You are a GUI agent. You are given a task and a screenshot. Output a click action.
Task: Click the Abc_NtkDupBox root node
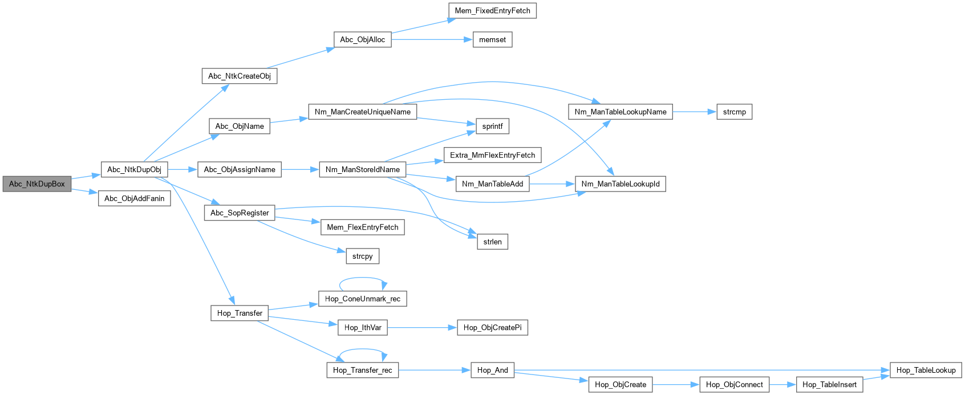click(x=37, y=184)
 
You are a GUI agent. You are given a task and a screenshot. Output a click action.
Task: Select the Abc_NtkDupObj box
click(x=134, y=169)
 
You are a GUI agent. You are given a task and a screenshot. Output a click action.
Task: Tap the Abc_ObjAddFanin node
click(x=134, y=198)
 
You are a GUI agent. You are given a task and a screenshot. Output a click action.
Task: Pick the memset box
click(x=492, y=40)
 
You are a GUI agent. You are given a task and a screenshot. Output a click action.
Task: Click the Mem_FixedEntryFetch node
click(x=492, y=11)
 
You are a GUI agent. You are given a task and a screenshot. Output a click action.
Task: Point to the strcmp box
click(x=734, y=112)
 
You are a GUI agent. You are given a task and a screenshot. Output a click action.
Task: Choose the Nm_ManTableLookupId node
click(x=620, y=184)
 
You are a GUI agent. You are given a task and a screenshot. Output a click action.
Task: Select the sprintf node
click(x=492, y=127)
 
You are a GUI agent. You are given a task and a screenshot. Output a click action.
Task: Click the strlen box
click(x=492, y=242)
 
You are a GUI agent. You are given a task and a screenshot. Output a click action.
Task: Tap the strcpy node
click(x=362, y=256)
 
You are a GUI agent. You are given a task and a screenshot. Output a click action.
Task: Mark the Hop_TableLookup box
click(x=926, y=370)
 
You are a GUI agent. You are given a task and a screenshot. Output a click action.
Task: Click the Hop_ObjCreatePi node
click(x=492, y=328)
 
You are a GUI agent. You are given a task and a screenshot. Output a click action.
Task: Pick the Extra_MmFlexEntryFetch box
click(x=492, y=155)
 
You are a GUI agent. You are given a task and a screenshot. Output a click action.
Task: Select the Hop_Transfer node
click(x=240, y=313)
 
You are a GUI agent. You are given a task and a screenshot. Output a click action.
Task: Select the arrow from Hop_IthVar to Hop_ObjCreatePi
click(x=422, y=328)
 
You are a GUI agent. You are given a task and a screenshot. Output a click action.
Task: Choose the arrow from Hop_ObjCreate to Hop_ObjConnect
click(x=676, y=385)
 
